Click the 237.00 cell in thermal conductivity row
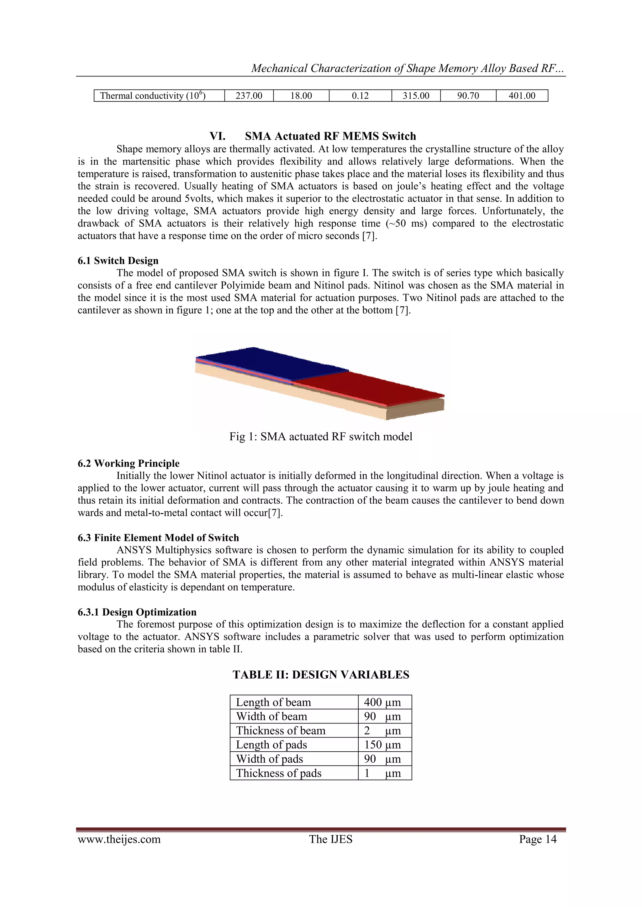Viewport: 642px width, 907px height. pyautogui.click(x=249, y=96)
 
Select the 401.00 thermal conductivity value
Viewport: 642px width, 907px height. pyautogui.click(x=522, y=96)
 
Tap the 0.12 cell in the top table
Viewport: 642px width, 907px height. pyautogui.click(x=360, y=96)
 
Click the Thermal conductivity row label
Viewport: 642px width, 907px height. pyautogui.click(x=153, y=96)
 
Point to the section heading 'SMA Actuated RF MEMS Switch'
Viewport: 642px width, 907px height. pyautogui.click(x=330, y=136)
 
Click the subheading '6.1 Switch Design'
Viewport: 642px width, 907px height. pyautogui.click(x=118, y=261)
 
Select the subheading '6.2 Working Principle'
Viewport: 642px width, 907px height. pyautogui.click(x=129, y=464)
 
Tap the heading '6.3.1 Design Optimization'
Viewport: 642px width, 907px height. pyautogui.click(x=137, y=612)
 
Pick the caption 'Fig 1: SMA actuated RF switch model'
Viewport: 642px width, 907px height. pyautogui.click(x=321, y=437)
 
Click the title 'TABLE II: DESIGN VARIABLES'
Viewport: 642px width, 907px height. pyautogui.click(x=321, y=675)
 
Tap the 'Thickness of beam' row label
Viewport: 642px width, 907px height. pyautogui.click(x=281, y=731)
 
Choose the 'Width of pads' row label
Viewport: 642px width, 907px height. pyautogui.click(x=270, y=759)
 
